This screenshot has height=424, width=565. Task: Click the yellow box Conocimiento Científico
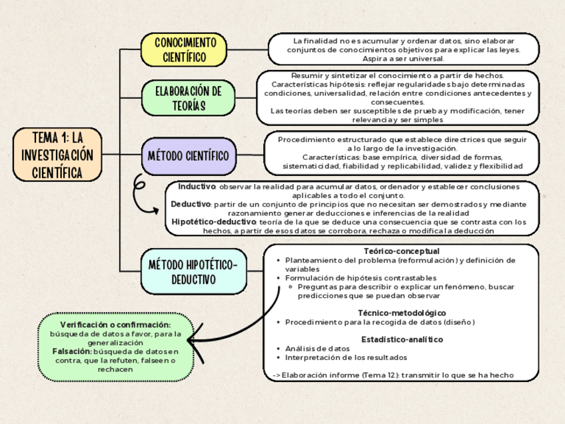point(184,50)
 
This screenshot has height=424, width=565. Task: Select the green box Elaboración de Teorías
point(188,97)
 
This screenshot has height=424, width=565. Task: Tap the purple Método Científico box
point(188,157)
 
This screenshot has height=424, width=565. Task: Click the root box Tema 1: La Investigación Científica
point(57,155)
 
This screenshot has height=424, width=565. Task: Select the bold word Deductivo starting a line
point(191,204)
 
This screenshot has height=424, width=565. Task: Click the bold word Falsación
point(72,351)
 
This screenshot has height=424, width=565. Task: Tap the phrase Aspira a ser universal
point(403,59)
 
